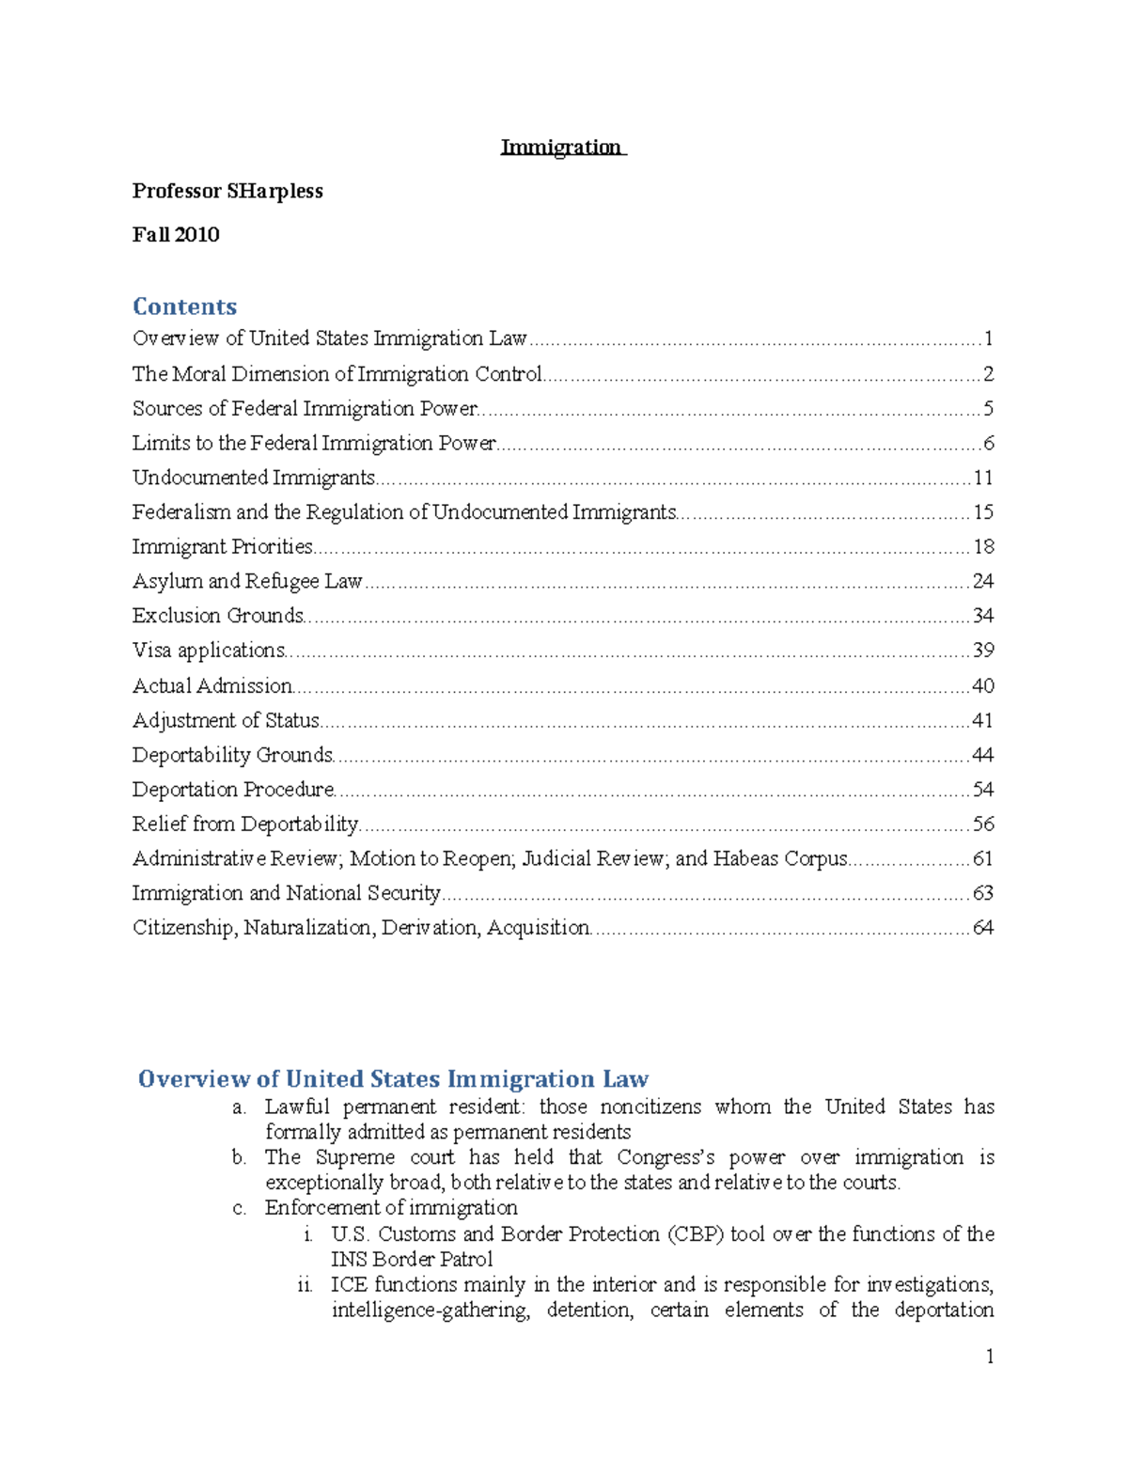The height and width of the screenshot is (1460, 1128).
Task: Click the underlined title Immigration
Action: pyautogui.click(x=561, y=148)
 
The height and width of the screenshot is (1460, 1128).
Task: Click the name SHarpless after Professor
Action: pyautogui.click(x=274, y=191)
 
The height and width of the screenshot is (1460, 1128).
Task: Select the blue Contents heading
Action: pyautogui.click(x=184, y=306)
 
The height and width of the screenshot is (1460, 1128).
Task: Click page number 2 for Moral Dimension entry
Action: pyautogui.click(x=988, y=374)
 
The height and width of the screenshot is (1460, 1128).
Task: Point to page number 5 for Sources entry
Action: pyautogui.click(x=988, y=409)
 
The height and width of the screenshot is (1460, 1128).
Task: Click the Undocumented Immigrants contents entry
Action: pyautogui.click(x=254, y=478)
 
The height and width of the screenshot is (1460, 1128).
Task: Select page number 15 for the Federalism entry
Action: pyautogui.click(x=983, y=512)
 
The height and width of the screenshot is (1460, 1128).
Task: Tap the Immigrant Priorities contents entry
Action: pyautogui.click(x=222, y=547)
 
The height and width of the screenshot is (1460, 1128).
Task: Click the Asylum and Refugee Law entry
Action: pyautogui.click(x=247, y=582)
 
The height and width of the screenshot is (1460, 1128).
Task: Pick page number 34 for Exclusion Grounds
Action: pyautogui.click(x=983, y=616)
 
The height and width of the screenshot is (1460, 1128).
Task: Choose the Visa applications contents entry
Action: pyautogui.click(x=209, y=651)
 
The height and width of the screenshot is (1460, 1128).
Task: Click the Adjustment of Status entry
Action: pyautogui.click(x=226, y=721)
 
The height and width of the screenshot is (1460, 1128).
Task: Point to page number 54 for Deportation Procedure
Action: pyautogui.click(x=983, y=790)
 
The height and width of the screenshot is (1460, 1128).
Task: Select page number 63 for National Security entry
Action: pyautogui.click(x=983, y=893)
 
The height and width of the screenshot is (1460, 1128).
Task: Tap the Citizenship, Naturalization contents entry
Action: pyautogui.click(x=361, y=928)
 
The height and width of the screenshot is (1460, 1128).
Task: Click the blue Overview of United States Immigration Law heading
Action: pyautogui.click(x=393, y=1078)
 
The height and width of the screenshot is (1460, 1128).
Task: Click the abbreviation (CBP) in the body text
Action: pyautogui.click(x=696, y=1234)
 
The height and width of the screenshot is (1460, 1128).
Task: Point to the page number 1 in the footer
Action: pyautogui.click(x=989, y=1357)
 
